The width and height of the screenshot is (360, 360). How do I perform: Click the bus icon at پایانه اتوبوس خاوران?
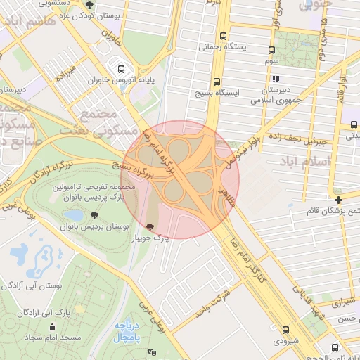pos(122,70)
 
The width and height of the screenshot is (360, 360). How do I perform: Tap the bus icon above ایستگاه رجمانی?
pos(223,36)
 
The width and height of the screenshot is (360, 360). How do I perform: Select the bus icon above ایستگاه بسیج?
pos(217,82)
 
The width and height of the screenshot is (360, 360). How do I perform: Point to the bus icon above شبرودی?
pos(285,330)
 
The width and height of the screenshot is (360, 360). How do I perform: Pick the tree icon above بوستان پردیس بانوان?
pos(95,215)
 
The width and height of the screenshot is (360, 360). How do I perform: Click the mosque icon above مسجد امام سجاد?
pos(53,326)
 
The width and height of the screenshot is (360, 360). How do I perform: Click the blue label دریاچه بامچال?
pos(129,331)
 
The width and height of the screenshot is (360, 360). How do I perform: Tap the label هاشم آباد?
pos(27,22)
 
